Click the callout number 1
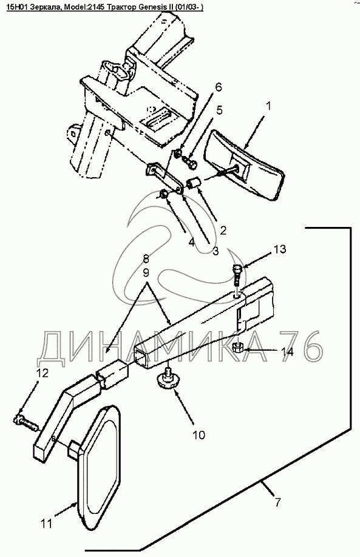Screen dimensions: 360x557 269,106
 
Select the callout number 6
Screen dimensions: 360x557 218,87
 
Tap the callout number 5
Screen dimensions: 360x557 219,110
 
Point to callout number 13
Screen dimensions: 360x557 280,249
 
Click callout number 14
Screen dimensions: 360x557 288,352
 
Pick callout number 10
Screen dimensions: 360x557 199,434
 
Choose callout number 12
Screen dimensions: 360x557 42,373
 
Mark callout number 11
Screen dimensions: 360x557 46,523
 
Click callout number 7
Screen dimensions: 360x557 277,502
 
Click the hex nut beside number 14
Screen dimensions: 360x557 237,347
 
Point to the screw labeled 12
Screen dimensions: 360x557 26,422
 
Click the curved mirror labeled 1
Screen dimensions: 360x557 245,167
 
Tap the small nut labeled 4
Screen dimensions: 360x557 164,194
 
